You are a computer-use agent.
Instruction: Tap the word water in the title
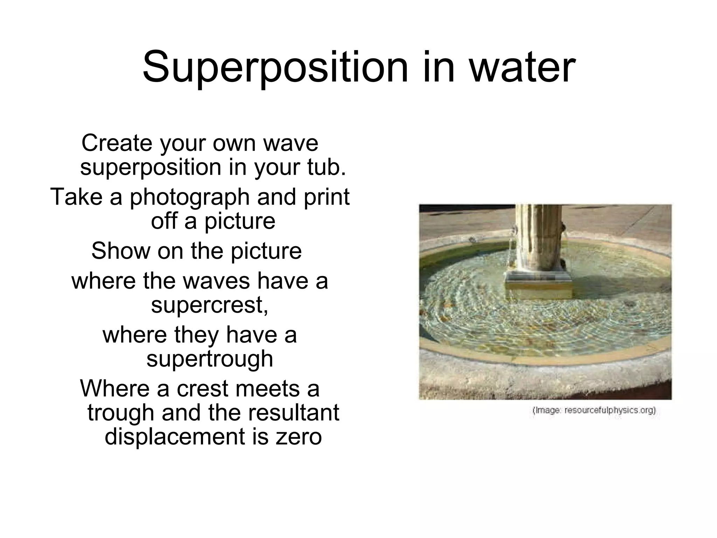pos(522,67)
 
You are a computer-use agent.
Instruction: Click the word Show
pos(121,251)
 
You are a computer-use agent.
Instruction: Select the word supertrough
pos(209,359)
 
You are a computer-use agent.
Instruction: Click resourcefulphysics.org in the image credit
pos(610,410)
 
